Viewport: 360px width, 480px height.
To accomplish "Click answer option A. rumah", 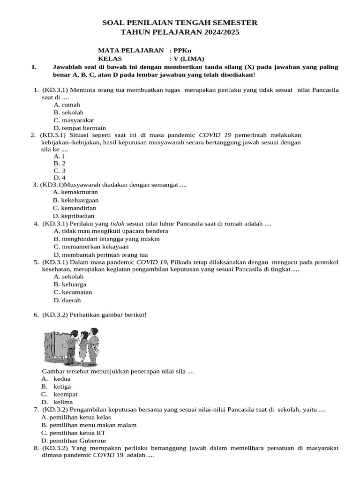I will pos(67,105).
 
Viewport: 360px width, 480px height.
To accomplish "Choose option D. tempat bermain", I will pos(80,128).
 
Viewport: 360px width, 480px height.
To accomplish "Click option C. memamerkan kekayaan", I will pos(91,247).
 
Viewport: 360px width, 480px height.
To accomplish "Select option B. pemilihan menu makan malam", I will pos(89,425).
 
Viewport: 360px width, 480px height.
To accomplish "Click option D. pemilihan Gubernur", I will pos(74,441).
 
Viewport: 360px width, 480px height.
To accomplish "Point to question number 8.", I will pos(36,448).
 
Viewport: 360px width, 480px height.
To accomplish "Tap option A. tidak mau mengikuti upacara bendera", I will pos(111,231).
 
